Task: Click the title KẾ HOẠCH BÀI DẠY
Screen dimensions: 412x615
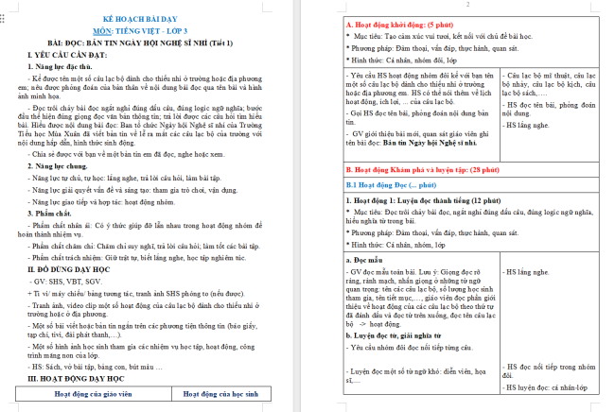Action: click(155, 20)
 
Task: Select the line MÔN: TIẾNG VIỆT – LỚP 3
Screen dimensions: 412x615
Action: click(155, 31)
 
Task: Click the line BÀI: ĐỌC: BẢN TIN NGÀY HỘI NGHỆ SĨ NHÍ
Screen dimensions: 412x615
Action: click(155, 43)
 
